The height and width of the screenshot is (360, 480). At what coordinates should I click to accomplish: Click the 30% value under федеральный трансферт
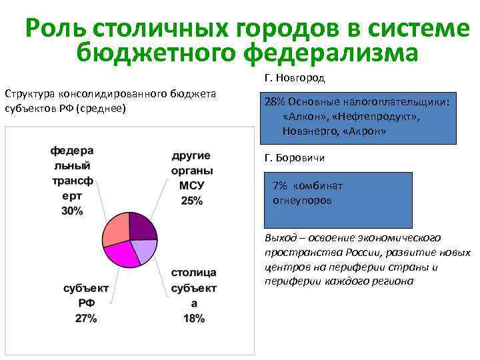[72, 211]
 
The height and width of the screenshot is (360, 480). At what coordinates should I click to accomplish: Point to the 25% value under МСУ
[191, 201]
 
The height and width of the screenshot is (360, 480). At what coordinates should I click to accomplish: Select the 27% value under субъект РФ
[86, 318]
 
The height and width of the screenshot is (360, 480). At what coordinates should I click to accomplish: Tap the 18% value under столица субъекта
[193, 318]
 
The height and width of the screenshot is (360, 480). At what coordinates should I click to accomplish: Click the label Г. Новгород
[295, 79]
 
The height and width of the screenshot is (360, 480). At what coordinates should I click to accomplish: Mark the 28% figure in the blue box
[274, 101]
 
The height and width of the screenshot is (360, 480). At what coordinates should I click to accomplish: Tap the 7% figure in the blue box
[280, 186]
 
